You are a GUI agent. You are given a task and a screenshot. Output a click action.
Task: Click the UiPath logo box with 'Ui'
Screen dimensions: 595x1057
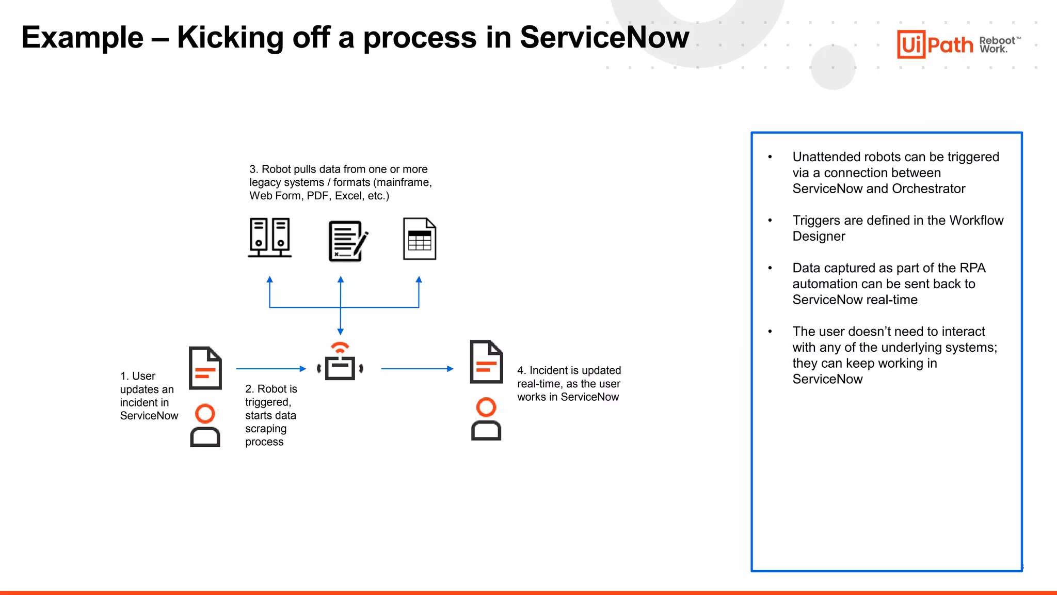click(x=911, y=44)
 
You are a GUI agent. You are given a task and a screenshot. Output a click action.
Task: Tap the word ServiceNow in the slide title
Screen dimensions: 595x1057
click(x=604, y=37)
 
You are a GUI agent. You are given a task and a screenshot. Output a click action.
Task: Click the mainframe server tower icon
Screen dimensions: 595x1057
click(x=269, y=238)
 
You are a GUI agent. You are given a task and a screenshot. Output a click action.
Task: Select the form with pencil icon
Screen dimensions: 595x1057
click(x=348, y=241)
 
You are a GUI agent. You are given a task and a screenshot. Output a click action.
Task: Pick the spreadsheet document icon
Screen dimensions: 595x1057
click(x=419, y=239)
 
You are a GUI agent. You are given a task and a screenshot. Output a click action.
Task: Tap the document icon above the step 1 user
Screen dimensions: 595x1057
click(x=205, y=368)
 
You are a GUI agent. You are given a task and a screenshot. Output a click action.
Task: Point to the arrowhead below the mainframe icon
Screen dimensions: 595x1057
click(x=269, y=280)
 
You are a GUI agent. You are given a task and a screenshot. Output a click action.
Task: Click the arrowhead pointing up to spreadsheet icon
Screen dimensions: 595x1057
click(x=419, y=280)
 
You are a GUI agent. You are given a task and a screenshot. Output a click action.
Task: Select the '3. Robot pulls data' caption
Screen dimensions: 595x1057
click(x=340, y=182)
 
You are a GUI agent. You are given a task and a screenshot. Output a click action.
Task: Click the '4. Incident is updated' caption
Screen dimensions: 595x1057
click(x=568, y=383)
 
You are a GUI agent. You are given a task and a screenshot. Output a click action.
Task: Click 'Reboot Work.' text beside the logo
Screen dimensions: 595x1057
click(x=997, y=45)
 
